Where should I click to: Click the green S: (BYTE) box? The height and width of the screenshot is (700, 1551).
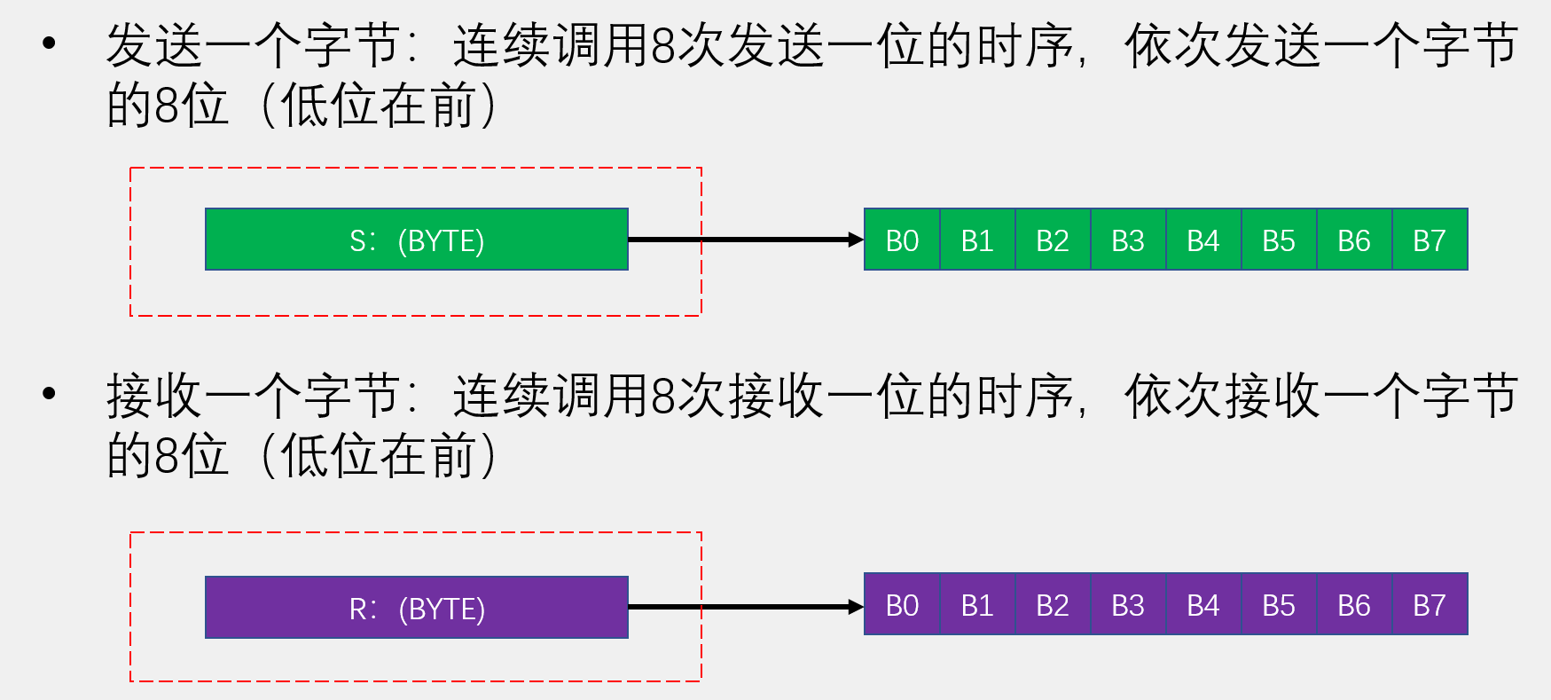pos(417,240)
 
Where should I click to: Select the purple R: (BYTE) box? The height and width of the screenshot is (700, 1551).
pos(417,608)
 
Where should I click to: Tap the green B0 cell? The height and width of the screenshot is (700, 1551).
pos(902,240)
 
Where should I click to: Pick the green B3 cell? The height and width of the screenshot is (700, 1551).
pos(1128,240)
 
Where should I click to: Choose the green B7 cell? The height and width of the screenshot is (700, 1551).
pos(1430,240)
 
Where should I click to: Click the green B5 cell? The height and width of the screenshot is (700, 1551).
pos(1279,240)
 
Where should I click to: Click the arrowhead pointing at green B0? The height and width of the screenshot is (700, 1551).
pos(855,240)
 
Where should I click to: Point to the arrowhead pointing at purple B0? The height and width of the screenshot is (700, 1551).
pos(855,607)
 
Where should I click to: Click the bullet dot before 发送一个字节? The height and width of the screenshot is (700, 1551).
pos(50,43)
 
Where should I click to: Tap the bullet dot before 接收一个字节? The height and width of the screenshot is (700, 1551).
pos(50,392)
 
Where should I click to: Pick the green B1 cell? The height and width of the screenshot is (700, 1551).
pos(977,240)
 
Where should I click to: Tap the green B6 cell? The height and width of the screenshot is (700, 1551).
pos(1354,240)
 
